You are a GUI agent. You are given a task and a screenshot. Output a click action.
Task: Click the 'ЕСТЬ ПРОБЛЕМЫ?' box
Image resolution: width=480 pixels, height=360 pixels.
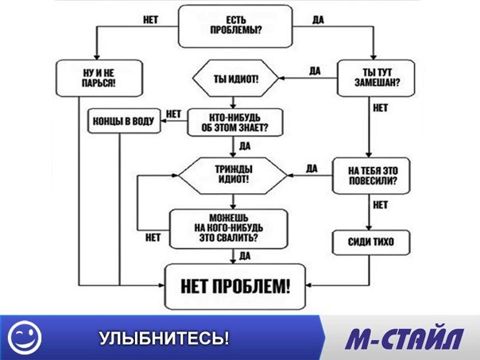[235, 26]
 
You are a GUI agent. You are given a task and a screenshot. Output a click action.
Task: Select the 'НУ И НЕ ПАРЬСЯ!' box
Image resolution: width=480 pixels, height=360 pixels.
[99, 78]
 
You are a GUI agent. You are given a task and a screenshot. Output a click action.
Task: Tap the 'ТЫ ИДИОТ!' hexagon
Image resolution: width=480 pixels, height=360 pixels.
[235, 79]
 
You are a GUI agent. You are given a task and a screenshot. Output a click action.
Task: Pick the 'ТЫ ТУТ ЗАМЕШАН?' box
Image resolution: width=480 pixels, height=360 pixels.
[376, 78]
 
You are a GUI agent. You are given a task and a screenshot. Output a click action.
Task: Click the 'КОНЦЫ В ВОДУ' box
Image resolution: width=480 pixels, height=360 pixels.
[124, 121]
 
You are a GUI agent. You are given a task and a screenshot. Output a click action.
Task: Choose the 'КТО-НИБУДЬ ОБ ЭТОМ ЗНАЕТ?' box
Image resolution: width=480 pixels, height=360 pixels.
[234, 122]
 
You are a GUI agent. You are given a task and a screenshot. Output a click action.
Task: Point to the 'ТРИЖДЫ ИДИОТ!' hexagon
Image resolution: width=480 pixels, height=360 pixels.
[234, 176]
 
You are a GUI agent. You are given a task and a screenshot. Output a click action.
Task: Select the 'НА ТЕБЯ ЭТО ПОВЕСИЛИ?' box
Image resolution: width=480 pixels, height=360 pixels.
[371, 176]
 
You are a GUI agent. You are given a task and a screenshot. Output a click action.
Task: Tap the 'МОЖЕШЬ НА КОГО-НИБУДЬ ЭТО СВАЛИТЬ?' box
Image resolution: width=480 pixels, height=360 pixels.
[229, 229]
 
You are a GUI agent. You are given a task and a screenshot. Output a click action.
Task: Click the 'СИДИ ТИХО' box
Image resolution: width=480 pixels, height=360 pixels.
[371, 242]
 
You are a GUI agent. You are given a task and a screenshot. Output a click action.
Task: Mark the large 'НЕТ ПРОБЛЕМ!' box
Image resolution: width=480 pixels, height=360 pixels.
[235, 287]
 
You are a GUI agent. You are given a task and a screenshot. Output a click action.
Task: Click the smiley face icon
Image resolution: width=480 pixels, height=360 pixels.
[25, 338]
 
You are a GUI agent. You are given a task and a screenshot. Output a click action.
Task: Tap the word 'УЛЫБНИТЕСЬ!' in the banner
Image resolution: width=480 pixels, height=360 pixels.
[164, 338]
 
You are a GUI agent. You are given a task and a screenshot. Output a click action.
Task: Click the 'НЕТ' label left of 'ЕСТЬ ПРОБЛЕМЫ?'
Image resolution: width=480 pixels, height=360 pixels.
[151, 20]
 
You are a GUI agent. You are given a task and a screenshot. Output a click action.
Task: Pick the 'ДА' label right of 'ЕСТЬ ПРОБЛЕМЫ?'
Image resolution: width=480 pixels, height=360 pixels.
[318, 20]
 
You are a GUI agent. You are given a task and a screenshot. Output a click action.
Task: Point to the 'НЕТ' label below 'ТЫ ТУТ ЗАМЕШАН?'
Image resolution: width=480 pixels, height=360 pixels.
[381, 108]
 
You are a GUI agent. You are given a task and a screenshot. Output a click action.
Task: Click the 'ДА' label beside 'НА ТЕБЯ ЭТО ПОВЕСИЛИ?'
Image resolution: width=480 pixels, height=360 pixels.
[312, 168]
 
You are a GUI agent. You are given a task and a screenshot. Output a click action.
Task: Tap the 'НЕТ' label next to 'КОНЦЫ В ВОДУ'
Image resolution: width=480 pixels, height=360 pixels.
[173, 114]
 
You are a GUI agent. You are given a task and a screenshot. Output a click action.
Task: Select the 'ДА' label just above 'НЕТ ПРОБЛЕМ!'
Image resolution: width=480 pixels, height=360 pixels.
[245, 256]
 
